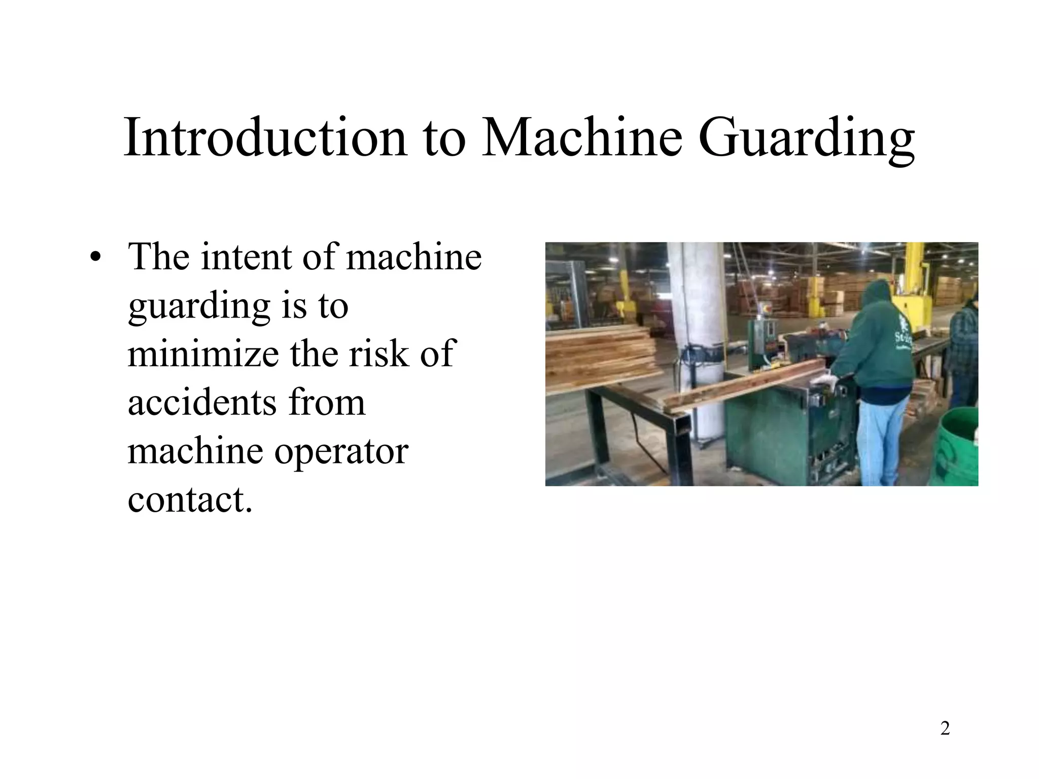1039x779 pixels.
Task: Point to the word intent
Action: [x=246, y=257]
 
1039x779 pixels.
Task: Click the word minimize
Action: [x=203, y=353]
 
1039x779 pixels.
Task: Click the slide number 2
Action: [x=945, y=728]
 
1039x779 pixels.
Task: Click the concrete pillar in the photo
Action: [x=703, y=325]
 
